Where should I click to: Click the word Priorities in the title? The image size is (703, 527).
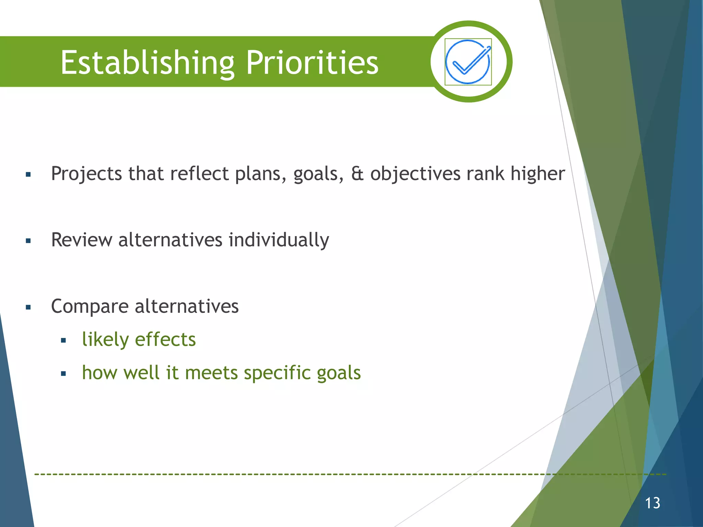coord(312,62)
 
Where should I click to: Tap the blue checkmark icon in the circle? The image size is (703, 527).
coord(468,62)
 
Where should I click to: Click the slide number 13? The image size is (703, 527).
coord(652,503)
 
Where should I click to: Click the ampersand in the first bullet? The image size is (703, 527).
coord(357,174)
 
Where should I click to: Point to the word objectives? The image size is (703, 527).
coord(415,174)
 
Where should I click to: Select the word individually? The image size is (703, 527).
coord(279,240)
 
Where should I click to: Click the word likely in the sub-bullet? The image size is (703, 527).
coord(105,340)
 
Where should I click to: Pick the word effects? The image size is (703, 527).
coord(165,340)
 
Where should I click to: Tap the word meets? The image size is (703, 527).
coord(211,373)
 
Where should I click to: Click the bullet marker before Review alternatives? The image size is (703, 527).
coord(28,241)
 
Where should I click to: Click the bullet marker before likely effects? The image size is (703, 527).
coord(63,341)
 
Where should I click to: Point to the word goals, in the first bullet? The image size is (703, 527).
coord(318,174)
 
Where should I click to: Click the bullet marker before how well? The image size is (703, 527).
coord(63,374)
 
